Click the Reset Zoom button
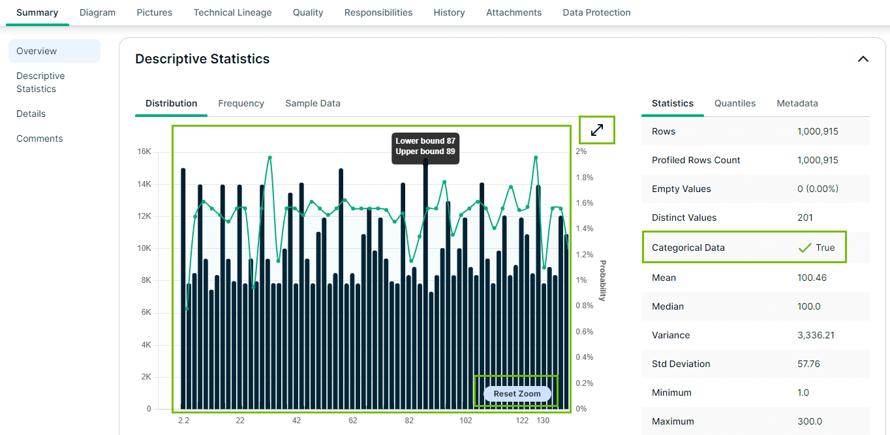click(x=517, y=394)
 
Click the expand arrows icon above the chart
click(x=597, y=130)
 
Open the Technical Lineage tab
click(x=232, y=12)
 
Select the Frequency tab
click(x=241, y=103)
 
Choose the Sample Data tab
click(x=313, y=103)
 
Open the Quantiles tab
click(x=735, y=103)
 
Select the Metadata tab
click(x=797, y=103)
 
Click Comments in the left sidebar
click(x=40, y=138)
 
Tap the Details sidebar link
click(x=31, y=114)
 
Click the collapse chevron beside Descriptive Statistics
click(x=863, y=59)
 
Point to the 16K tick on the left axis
click(x=144, y=152)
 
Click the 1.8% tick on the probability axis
click(x=583, y=178)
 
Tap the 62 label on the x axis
click(x=352, y=421)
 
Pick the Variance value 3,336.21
click(x=817, y=335)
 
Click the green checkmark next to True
click(x=805, y=248)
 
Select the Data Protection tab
click(x=596, y=12)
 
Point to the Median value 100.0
click(x=808, y=306)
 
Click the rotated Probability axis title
click(x=602, y=281)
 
